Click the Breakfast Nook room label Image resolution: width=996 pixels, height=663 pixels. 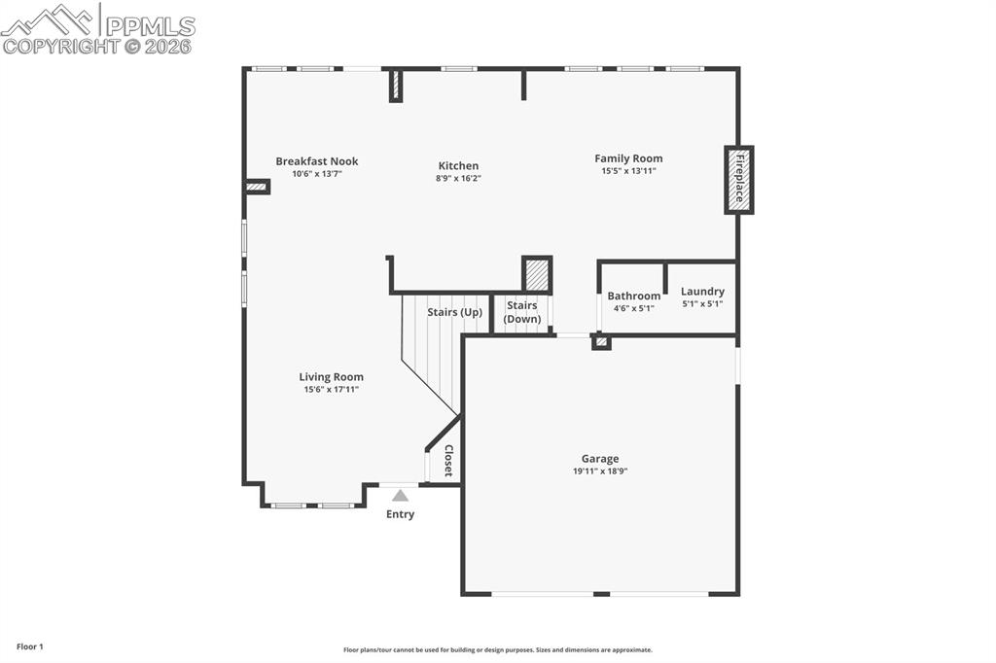point(316,161)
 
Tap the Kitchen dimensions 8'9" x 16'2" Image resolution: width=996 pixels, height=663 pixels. point(457,179)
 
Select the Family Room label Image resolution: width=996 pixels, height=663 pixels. point(628,158)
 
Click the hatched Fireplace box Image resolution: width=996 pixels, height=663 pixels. point(739,180)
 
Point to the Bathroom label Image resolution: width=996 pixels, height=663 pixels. point(633,296)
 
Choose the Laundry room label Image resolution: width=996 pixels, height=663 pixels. point(701,291)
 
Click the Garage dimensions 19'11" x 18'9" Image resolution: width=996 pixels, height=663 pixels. point(600,471)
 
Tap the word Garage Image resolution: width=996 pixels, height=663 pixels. point(600,459)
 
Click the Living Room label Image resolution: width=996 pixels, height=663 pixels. point(331,377)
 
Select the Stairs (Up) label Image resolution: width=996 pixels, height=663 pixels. point(454,312)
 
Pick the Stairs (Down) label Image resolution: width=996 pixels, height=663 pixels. point(522,312)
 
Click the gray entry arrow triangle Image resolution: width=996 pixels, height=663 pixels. point(400,495)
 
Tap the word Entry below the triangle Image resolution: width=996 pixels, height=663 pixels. point(400,514)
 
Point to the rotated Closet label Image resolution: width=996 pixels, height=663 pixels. point(448,461)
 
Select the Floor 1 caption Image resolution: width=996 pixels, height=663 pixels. point(30,646)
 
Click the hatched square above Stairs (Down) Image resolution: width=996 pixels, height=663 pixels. point(537,274)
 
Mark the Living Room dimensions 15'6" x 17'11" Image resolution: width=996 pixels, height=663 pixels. point(331,390)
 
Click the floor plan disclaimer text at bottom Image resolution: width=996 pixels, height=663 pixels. point(497,650)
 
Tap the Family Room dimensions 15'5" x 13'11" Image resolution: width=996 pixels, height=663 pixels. point(628,171)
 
